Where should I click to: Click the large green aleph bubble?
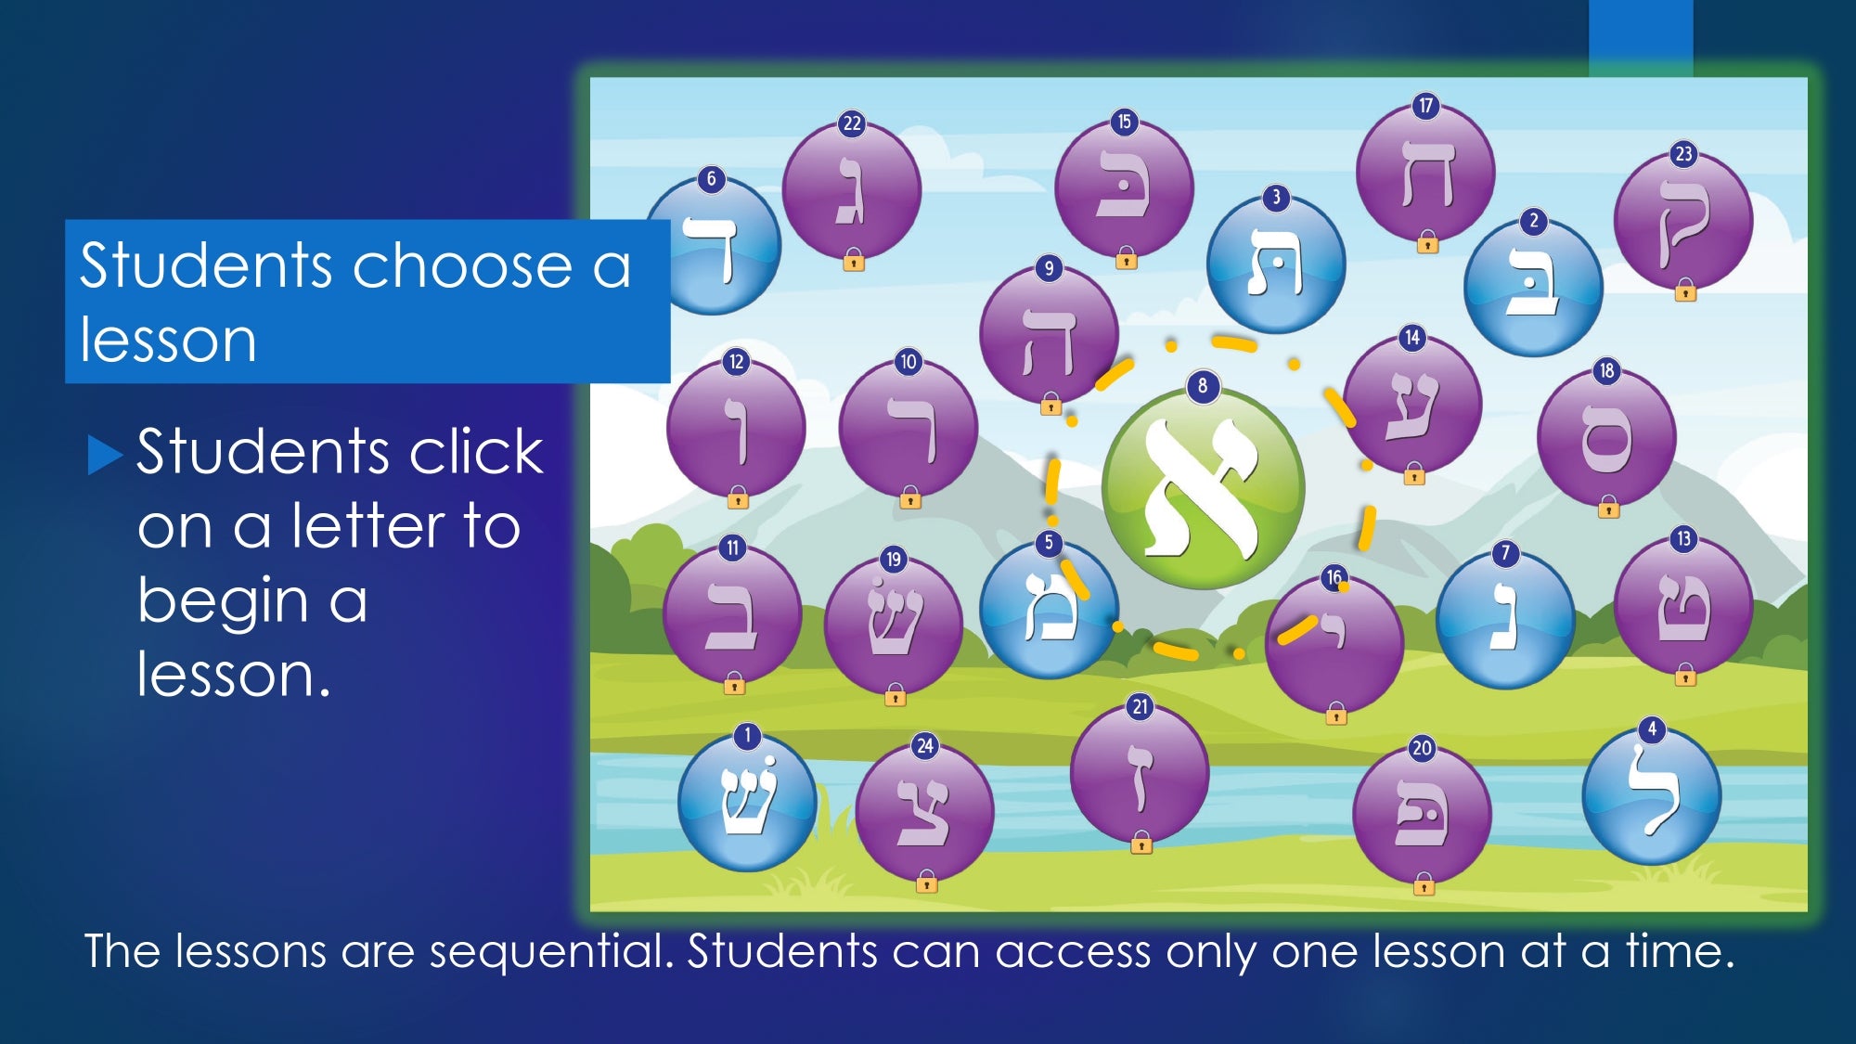click(1203, 488)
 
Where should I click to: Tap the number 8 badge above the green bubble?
click(1203, 386)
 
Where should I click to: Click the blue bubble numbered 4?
click(1651, 796)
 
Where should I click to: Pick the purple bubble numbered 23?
click(1683, 221)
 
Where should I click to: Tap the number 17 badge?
click(1426, 106)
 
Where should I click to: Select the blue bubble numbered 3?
click(1276, 264)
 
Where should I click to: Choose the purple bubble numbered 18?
click(1606, 437)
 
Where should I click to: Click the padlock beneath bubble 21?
click(1141, 843)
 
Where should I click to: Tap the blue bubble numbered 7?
click(1505, 620)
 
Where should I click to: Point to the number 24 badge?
click(925, 746)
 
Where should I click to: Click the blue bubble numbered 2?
click(1533, 288)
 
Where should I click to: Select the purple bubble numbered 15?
click(1124, 187)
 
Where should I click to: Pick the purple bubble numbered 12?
click(736, 428)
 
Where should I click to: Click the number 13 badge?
click(1683, 539)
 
